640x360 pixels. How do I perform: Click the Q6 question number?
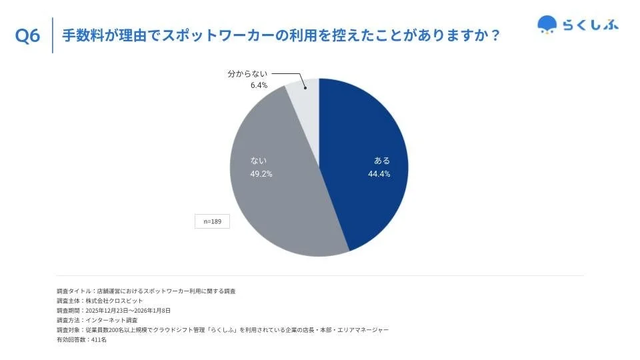coord(27,36)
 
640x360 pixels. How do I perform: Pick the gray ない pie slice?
coord(280,200)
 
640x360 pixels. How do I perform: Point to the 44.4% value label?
coord(379,174)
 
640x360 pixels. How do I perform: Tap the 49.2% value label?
coord(261,174)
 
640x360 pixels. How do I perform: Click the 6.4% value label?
coord(259,85)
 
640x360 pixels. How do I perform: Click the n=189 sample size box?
coord(212,221)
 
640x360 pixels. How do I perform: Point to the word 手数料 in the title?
coord(82,35)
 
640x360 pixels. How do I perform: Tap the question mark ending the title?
coord(494,35)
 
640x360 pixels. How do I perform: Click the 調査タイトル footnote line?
coord(146,291)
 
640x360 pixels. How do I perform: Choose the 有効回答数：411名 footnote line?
coord(81,339)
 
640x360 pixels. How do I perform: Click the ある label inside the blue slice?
coord(382,161)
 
